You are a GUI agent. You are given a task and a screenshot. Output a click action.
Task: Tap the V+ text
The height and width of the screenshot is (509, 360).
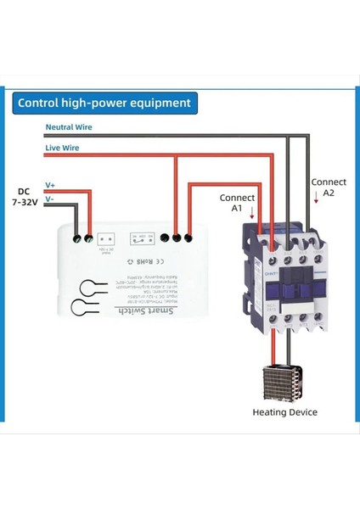coord(50,184)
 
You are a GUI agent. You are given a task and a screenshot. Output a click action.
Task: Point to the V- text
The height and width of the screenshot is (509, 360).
coord(49,199)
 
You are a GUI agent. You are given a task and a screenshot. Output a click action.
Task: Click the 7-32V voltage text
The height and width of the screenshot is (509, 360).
coord(24,204)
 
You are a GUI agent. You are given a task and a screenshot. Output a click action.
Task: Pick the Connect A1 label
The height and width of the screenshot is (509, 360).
coord(231,202)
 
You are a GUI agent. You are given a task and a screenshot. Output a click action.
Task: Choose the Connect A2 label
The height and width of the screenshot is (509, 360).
coord(329,187)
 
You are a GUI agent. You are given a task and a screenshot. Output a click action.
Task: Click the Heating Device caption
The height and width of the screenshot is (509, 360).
coord(285,412)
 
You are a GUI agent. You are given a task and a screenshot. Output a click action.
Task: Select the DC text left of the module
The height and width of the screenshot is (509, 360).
coord(24,192)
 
